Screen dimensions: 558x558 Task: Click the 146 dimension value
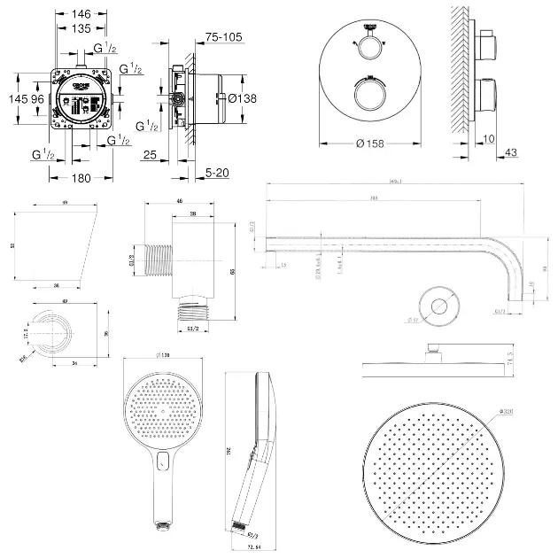pyautogui.click(x=81, y=14)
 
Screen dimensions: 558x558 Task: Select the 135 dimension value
pyautogui.click(x=81, y=27)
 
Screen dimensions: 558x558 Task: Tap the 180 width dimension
pyautogui.click(x=82, y=178)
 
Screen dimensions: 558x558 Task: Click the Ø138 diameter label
pyautogui.click(x=242, y=98)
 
